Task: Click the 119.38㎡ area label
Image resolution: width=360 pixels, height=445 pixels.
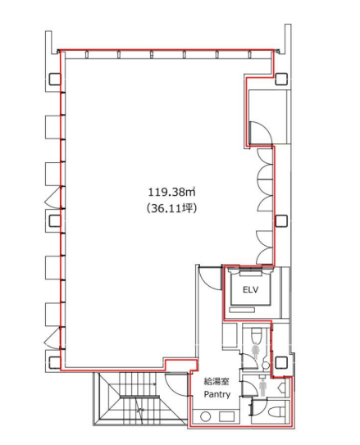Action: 171,192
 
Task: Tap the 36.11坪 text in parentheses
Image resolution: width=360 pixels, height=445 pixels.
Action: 171,209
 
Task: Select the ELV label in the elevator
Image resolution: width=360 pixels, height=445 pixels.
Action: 250,289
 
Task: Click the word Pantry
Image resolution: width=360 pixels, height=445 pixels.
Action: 217,394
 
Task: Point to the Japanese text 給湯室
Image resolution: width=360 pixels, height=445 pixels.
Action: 216,382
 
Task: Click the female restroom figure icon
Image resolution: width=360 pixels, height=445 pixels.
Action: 256,351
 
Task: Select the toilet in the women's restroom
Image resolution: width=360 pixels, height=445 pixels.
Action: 257,335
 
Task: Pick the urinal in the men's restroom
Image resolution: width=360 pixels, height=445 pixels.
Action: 282,387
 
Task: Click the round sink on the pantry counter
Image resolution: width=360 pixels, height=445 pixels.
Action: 205,417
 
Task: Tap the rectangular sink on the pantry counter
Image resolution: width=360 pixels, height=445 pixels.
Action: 226,416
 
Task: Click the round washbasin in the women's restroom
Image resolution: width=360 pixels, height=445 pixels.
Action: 266,366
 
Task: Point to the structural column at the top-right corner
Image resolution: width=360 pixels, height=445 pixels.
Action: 281,79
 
